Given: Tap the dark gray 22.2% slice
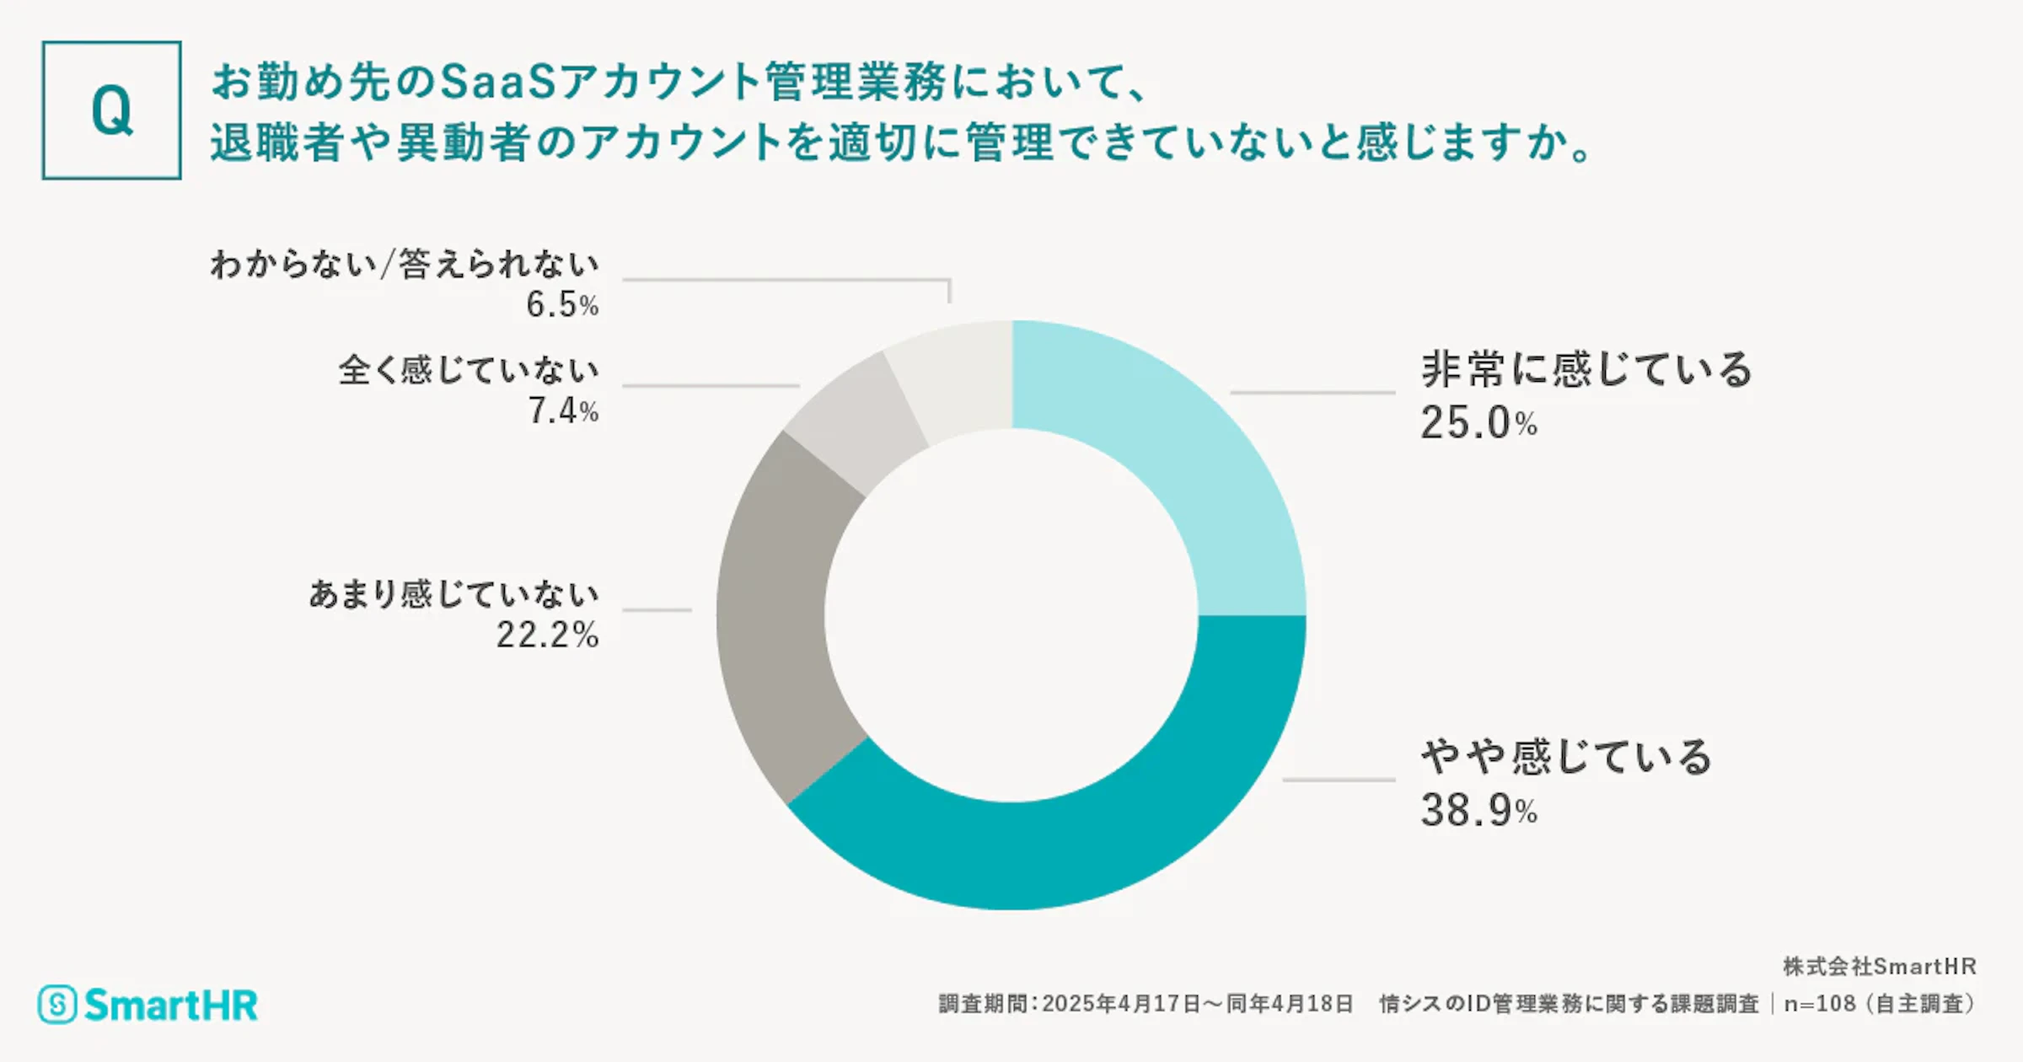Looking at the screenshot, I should (771, 615).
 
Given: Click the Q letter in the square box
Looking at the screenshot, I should (111, 110).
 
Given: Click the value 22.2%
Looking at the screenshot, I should (547, 636).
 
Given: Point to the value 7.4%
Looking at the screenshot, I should (562, 411).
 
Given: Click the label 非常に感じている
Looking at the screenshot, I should (1586, 369).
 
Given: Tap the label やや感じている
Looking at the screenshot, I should (1566, 756).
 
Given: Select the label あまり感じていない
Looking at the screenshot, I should (453, 594).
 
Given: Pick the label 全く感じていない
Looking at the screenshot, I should (469, 370).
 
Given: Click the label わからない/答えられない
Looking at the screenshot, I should (405, 265).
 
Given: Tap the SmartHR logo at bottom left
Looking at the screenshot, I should (148, 1005).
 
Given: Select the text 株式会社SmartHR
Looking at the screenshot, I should (1879, 966).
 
